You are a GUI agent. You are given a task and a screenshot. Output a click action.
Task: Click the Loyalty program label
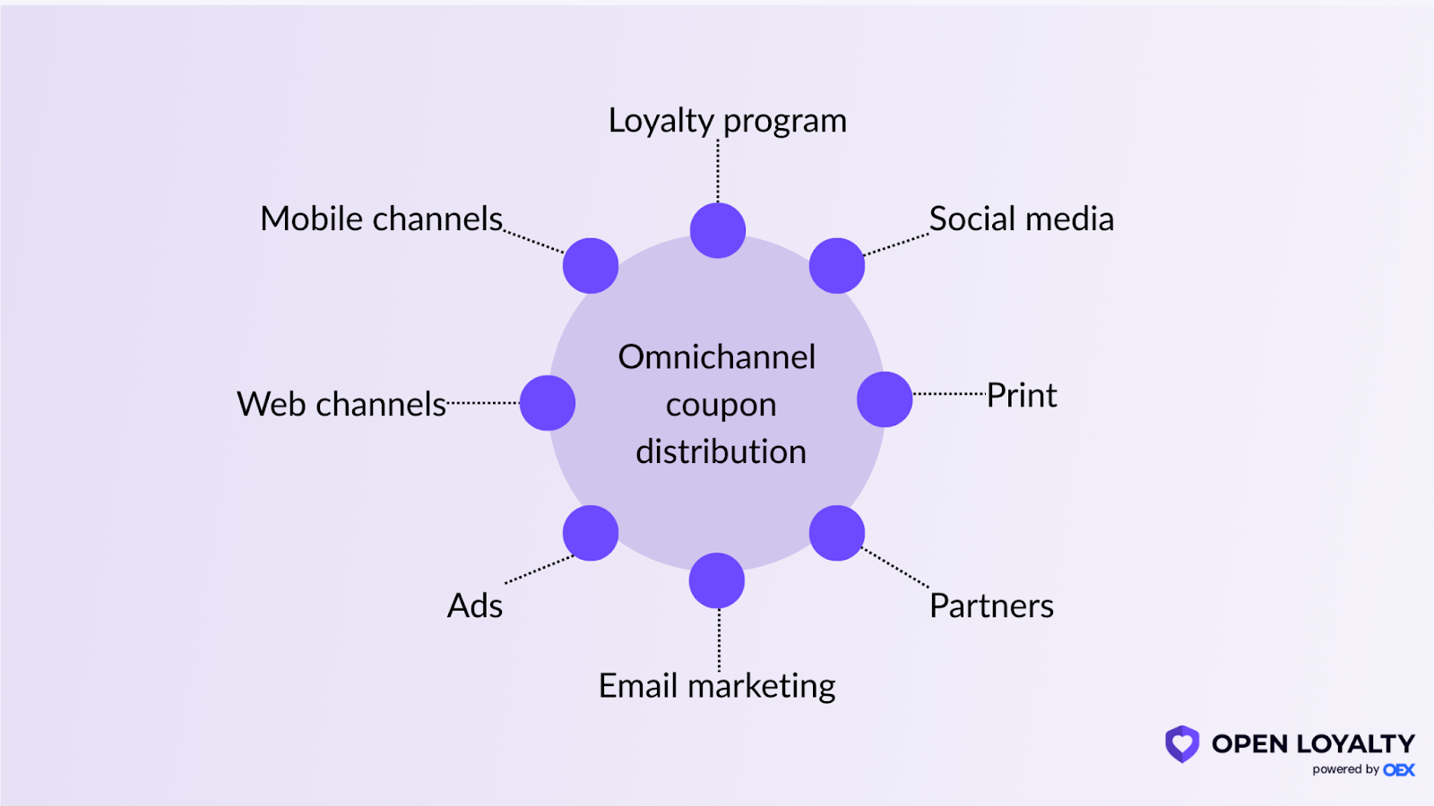(727, 121)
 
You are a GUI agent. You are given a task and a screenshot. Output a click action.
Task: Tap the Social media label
(1021, 219)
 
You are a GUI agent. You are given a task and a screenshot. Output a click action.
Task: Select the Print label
(1022, 396)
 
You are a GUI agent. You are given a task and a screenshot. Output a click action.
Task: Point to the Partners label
(991, 606)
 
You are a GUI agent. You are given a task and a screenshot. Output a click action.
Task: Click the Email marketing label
(717, 687)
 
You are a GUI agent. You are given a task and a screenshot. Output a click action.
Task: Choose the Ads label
(475, 606)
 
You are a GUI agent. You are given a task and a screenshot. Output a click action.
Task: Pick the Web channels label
(341, 405)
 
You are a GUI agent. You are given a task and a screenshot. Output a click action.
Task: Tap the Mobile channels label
(382, 219)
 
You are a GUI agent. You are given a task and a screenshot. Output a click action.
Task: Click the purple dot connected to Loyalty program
(718, 230)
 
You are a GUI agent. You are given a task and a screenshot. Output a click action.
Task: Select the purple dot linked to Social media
(837, 266)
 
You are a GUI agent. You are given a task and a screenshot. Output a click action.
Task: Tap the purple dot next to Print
(885, 399)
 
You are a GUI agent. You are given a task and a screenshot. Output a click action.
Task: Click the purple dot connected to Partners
(837, 533)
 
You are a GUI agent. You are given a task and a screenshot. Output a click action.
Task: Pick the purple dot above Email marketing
(717, 580)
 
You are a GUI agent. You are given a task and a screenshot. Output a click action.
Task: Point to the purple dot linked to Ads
(591, 533)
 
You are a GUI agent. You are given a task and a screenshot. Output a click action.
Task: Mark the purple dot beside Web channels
(548, 403)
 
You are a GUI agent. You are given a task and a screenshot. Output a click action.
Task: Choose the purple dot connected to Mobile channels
(591, 266)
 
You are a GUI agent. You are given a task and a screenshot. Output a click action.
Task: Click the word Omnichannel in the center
(717, 357)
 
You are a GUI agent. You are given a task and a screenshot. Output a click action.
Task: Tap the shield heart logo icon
(1182, 743)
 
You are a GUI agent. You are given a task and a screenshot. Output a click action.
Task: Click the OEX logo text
(1399, 770)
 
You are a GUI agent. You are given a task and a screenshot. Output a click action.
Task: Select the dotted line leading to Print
(950, 394)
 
